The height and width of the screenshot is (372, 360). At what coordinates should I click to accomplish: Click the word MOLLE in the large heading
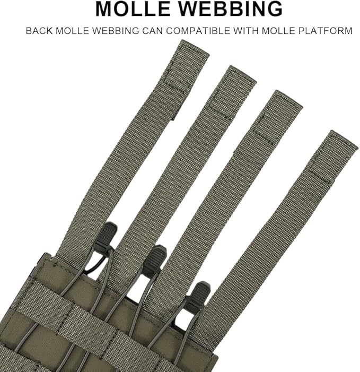pos(133,9)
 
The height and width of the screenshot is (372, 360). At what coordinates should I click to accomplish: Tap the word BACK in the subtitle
pos(39,31)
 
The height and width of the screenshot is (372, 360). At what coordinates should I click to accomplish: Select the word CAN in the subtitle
pos(152,31)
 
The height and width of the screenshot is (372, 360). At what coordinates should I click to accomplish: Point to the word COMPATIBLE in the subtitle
pos(198,31)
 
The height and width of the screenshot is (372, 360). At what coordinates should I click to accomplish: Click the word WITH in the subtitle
pos(246,31)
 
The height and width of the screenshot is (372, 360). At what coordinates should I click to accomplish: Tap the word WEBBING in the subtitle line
pos(116,31)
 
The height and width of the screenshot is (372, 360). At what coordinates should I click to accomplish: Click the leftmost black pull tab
pos(106,234)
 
